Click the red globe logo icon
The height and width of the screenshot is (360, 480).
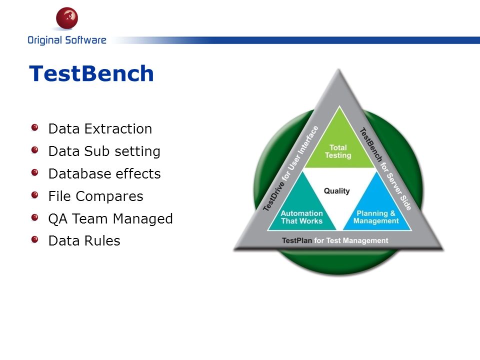[x=67, y=18]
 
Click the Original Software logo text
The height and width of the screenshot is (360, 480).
[x=67, y=40]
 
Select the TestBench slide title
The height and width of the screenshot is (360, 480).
[x=91, y=73]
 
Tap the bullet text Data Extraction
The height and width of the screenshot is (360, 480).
[x=100, y=128]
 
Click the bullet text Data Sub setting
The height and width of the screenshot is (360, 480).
[x=104, y=151]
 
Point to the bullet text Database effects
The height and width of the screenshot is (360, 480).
[x=104, y=173]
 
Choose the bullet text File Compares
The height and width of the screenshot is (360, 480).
[x=96, y=196]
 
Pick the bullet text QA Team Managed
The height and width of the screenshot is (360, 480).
[x=110, y=218]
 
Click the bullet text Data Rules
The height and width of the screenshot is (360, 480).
[x=84, y=240]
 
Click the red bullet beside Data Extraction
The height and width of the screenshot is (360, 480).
[x=35, y=127]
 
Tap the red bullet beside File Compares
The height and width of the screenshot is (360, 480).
[x=35, y=195]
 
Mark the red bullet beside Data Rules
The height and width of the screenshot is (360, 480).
[x=35, y=239]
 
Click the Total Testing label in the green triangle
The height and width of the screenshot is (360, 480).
[x=338, y=151]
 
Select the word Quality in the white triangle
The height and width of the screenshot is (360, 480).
[x=336, y=191]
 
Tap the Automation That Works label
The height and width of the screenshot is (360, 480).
[x=302, y=217]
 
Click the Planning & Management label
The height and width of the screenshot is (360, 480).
[x=376, y=217]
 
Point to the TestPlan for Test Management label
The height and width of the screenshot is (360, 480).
[x=335, y=240]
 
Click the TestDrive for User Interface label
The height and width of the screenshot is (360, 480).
[x=291, y=168]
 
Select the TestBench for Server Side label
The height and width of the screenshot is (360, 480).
[x=385, y=168]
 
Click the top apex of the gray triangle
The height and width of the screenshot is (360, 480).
[x=338, y=69]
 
